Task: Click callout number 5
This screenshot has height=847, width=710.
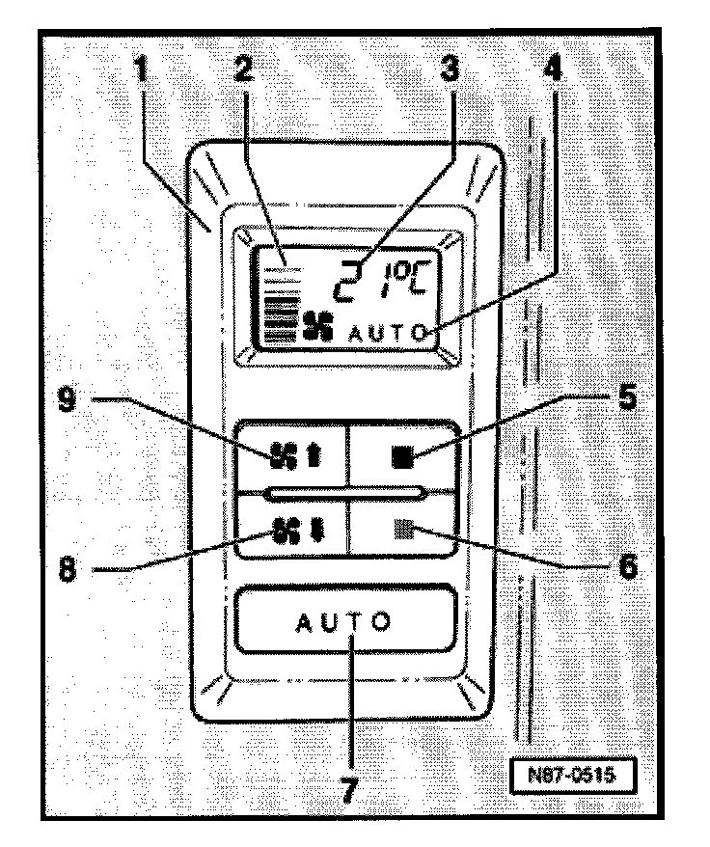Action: pos(628,399)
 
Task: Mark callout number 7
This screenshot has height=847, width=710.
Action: pos(350,789)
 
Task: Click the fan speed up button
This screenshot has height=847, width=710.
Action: pos(293,458)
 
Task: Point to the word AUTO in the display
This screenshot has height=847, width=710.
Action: pos(386,333)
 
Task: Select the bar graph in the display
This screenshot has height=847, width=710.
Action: pos(280,307)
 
